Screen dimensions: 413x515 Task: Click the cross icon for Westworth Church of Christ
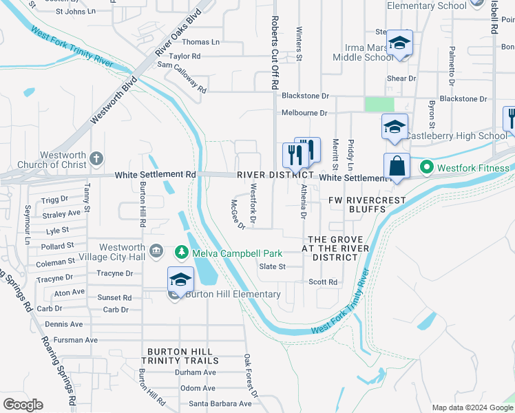(x=96, y=158)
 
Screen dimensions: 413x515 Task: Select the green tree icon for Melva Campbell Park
(x=182, y=253)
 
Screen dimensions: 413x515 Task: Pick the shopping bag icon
(x=397, y=166)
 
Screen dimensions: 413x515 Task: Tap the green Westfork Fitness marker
(x=427, y=167)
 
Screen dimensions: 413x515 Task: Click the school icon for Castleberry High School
(x=395, y=127)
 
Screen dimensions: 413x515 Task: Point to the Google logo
(x=23, y=405)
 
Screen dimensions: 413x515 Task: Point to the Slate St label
(x=272, y=266)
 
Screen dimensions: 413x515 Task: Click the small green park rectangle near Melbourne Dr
(x=379, y=104)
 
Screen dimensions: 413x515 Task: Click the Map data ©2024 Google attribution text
(x=472, y=407)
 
